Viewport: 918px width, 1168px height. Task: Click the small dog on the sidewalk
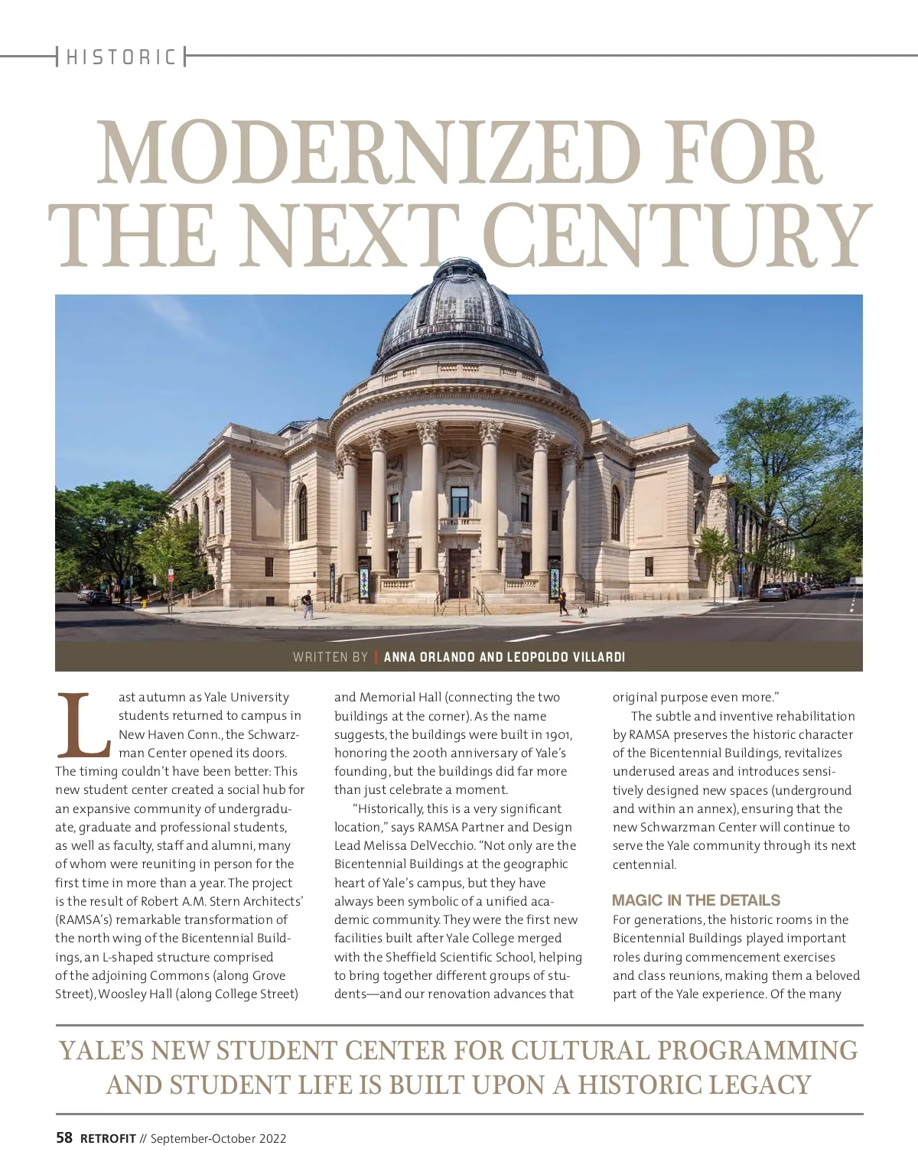[x=582, y=611]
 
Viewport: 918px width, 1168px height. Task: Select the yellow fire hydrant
[x=144, y=603]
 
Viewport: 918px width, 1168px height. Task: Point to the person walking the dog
[x=563, y=602]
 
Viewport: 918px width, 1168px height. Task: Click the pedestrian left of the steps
[x=308, y=604]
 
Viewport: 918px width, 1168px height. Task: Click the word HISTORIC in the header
[x=121, y=57]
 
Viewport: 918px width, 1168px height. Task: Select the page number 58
[x=64, y=1138]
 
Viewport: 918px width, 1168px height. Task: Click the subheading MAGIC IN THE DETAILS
[x=695, y=900]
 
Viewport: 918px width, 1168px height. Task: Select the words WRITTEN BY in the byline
[x=330, y=657]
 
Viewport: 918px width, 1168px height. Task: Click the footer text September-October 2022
[x=218, y=1138]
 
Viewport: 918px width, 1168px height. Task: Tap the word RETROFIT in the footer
[x=108, y=1138]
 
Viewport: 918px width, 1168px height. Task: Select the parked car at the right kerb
[x=773, y=592]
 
